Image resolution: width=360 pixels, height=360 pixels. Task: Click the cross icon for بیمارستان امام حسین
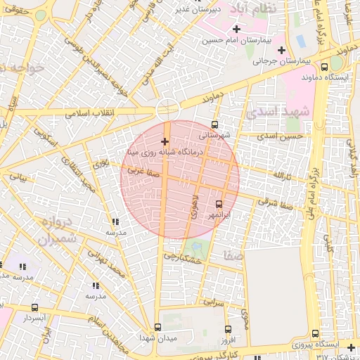(236, 30)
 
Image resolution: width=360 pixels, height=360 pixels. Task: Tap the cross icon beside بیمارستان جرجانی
(282, 50)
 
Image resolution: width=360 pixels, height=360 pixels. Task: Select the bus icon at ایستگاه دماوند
(326, 65)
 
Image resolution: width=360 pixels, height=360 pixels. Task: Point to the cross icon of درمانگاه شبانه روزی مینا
(165, 142)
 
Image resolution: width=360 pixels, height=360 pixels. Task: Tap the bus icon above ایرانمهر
(218, 204)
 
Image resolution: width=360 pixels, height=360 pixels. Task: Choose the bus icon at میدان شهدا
(157, 327)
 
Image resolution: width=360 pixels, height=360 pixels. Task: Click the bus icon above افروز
(228, 329)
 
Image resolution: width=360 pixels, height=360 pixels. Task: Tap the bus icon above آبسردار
(35, 307)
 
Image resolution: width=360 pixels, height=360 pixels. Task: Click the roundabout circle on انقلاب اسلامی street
(167, 109)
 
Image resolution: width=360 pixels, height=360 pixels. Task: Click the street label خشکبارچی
(183, 258)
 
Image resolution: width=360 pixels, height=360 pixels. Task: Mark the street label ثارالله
(282, 174)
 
